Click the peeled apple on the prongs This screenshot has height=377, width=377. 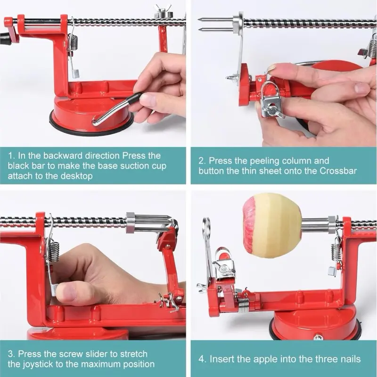272,227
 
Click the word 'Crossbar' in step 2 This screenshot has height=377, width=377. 338,171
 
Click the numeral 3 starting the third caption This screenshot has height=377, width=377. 11,354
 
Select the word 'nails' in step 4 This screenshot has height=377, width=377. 351,359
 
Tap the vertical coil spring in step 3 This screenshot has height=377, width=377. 55,251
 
